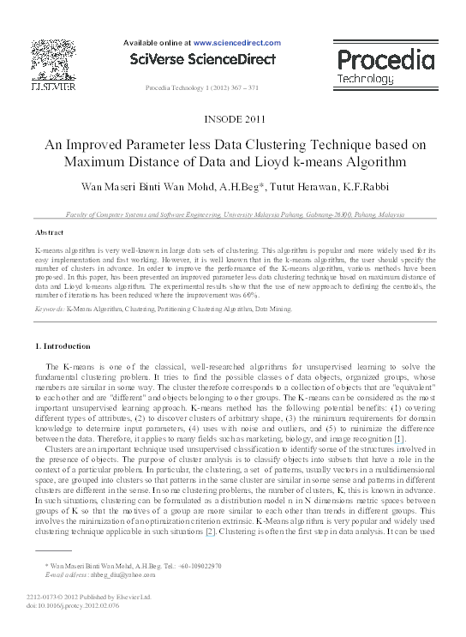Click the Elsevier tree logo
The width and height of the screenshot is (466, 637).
point(53,60)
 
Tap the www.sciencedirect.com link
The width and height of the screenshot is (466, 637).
point(237,42)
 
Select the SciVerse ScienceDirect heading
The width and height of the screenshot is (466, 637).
point(202,59)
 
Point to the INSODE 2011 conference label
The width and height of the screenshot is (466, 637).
point(232,118)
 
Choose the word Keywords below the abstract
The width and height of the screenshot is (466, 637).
point(48,307)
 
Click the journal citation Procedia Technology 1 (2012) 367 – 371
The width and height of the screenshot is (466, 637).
point(202,88)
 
